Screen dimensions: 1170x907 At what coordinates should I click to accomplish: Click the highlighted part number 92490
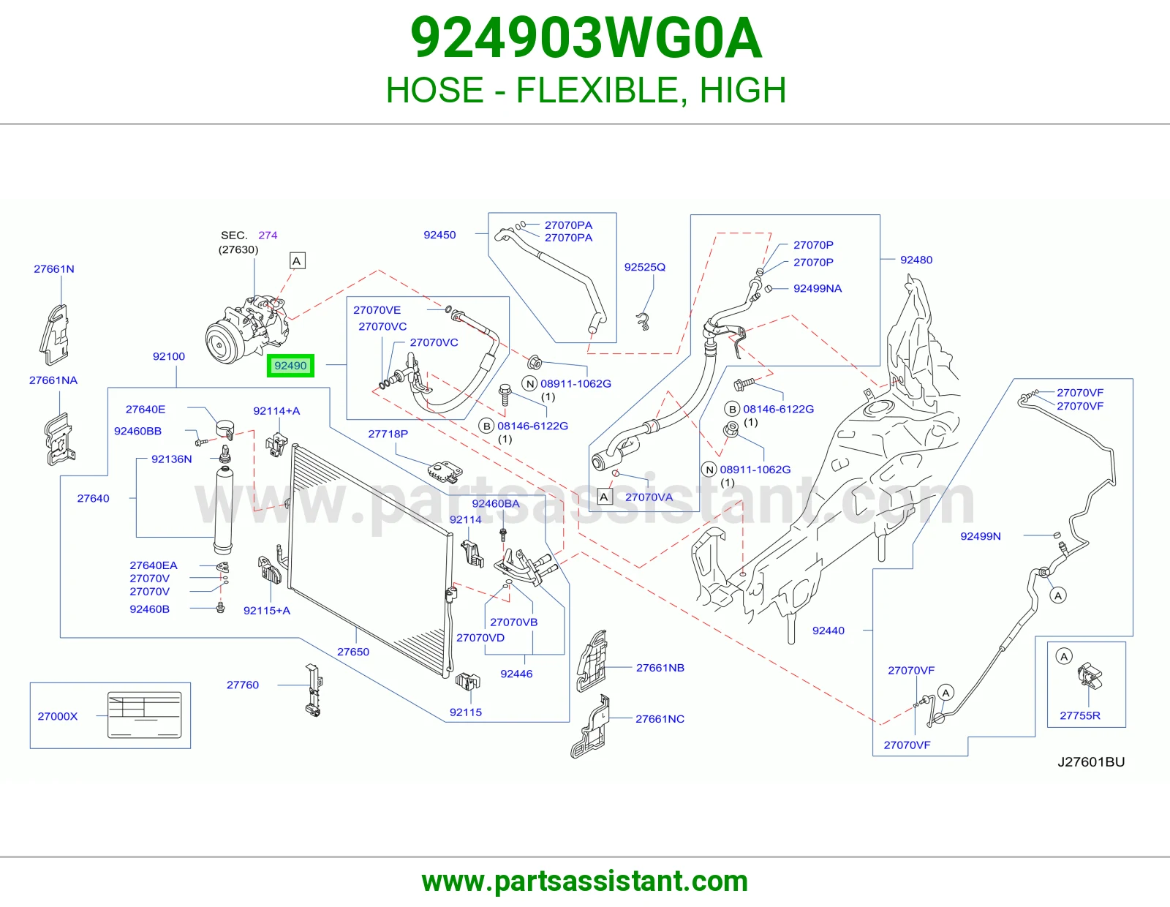tap(290, 366)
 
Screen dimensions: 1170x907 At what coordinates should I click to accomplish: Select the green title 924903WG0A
tap(586, 38)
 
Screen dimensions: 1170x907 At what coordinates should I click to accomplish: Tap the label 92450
tap(439, 235)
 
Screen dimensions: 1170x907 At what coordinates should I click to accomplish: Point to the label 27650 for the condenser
tap(353, 652)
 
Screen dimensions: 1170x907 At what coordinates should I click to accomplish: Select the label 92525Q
tap(644, 267)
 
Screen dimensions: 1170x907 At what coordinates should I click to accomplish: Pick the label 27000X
tap(58, 716)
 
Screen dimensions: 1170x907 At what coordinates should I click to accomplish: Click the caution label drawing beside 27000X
tap(144, 715)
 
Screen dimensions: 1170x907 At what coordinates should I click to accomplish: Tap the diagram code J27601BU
tap(1091, 761)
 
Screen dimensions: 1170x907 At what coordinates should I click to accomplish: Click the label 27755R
tap(1079, 716)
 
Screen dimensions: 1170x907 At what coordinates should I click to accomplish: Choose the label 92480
tap(916, 260)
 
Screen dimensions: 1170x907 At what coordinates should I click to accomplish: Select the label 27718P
tap(388, 434)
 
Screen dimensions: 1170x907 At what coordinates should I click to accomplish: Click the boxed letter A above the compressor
tap(297, 260)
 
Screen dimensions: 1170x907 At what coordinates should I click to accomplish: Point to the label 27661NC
tap(660, 719)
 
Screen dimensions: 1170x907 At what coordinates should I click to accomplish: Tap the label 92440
tap(828, 631)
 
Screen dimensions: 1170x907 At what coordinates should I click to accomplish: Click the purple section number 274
tap(268, 235)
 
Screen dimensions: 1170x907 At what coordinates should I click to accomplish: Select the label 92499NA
tap(818, 288)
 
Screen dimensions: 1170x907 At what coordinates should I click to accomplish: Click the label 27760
tap(242, 685)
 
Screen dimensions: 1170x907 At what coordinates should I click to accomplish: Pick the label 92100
tap(168, 356)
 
